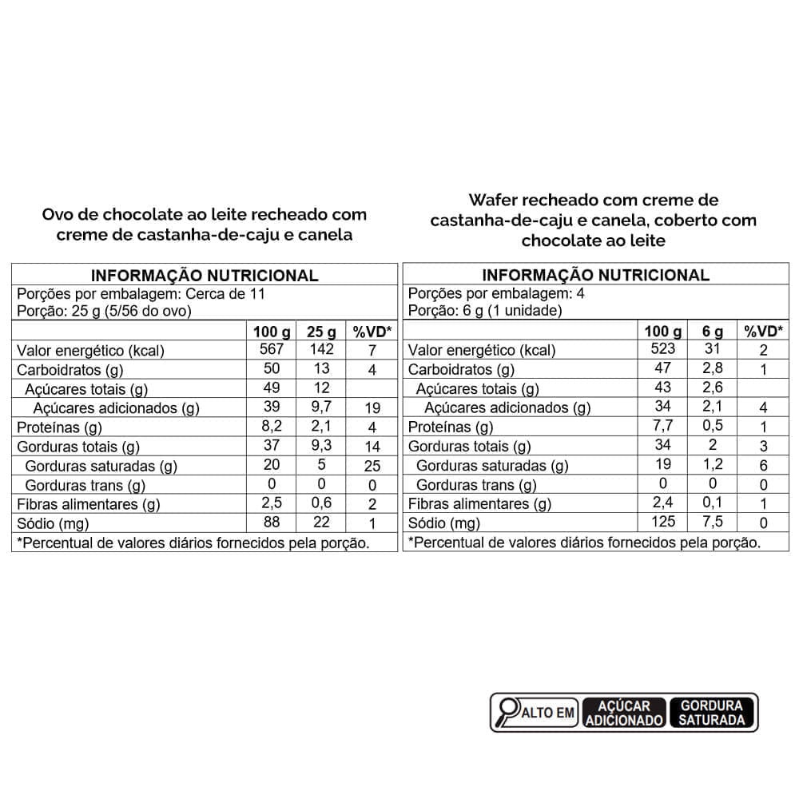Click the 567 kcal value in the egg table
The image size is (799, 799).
point(272,350)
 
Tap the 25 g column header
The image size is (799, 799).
point(321,331)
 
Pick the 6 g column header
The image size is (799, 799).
point(713,331)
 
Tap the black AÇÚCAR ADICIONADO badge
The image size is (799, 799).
point(624,712)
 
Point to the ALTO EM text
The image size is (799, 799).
point(549,713)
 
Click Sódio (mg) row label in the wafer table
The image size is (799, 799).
point(444,523)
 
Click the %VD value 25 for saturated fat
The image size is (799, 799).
point(372,466)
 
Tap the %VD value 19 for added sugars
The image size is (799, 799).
point(372,407)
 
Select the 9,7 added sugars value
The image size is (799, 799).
point(321,407)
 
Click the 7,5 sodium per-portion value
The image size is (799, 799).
point(713,522)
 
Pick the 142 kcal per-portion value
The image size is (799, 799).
point(321,350)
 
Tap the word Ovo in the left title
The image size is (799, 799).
point(58,214)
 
